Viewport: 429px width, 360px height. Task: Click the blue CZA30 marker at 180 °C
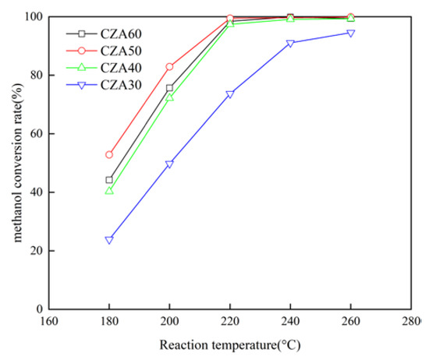[109, 240]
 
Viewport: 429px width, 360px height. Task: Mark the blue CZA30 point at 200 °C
[169, 164]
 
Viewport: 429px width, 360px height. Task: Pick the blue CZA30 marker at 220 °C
[230, 94]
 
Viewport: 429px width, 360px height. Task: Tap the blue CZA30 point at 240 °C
[290, 44]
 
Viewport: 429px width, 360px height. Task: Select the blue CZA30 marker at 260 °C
[350, 34]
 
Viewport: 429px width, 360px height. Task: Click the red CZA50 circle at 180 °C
[109, 155]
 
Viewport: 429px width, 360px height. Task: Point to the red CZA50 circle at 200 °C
[169, 67]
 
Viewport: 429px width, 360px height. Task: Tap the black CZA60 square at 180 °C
[109, 180]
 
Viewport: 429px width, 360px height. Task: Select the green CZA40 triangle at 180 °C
[109, 190]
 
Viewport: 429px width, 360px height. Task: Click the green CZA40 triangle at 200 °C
[169, 97]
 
